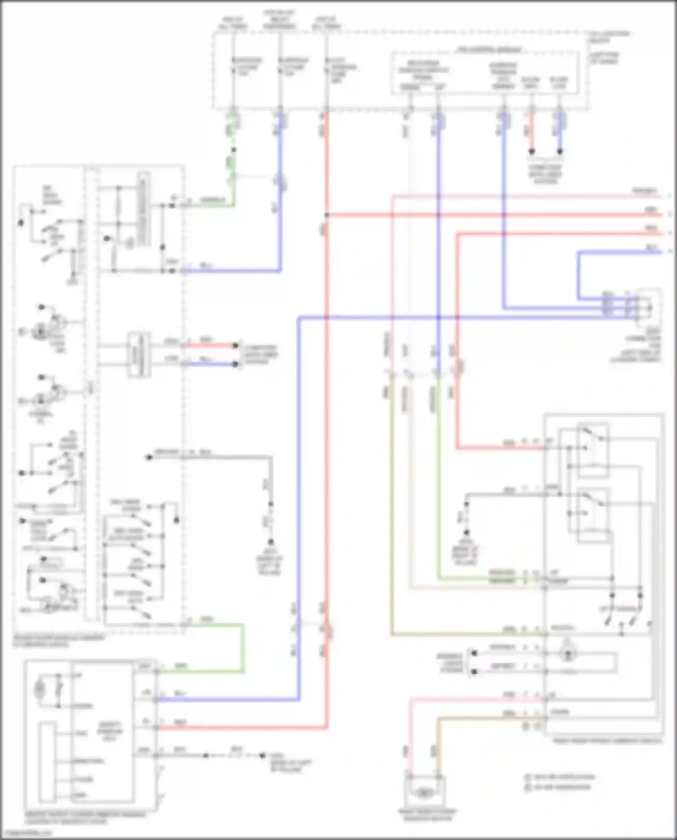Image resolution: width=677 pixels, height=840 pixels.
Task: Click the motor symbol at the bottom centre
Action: coord(423,793)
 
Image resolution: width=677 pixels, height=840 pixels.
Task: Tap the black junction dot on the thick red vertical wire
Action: coord(326,215)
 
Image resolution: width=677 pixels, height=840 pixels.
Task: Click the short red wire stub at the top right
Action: coord(532,133)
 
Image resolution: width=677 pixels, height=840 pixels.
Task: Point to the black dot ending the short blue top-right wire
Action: coord(560,152)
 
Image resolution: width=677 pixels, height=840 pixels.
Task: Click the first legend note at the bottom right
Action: coord(560,777)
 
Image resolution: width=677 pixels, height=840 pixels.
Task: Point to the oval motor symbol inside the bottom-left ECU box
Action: coord(40,689)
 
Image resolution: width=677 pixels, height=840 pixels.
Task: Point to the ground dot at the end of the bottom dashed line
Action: coord(262,755)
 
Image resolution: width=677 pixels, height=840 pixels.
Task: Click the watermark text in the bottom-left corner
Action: coord(27,833)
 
